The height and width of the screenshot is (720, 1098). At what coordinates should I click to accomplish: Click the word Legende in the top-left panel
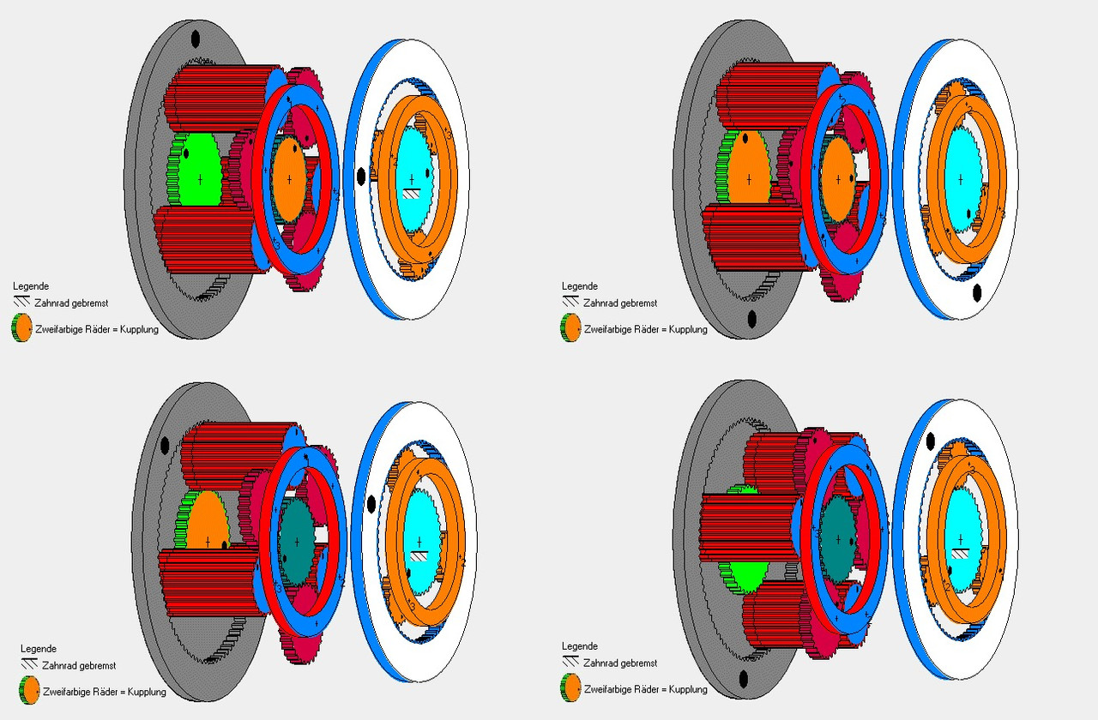(x=31, y=286)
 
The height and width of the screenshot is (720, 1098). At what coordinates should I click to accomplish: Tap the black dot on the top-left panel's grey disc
(x=195, y=39)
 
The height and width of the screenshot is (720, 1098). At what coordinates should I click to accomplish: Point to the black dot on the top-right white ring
(x=976, y=292)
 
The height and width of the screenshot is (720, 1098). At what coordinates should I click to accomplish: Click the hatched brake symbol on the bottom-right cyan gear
(x=960, y=554)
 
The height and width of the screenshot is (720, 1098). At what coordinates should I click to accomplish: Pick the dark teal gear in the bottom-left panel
(x=297, y=542)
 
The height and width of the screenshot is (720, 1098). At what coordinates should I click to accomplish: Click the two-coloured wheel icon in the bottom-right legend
(x=570, y=687)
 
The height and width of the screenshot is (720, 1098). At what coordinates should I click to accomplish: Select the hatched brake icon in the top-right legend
(x=570, y=302)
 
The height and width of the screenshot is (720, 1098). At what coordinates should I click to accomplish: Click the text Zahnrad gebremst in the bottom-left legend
(x=79, y=666)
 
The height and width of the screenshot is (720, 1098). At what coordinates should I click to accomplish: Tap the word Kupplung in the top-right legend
(x=688, y=330)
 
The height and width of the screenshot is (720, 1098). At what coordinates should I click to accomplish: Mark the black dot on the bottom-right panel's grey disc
(x=744, y=679)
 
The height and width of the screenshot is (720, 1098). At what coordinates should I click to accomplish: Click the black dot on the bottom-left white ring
(x=371, y=503)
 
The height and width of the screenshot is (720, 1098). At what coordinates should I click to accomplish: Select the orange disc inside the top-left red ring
(x=289, y=180)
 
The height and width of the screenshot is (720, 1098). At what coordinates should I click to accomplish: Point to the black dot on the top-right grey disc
(x=752, y=320)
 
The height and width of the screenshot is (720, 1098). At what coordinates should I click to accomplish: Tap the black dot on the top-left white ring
(x=361, y=176)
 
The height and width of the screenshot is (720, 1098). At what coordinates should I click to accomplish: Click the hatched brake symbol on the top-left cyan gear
(x=411, y=194)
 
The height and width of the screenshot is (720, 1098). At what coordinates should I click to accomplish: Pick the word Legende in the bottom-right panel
(x=580, y=646)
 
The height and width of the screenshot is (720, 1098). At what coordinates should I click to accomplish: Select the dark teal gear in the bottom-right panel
(x=837, y=539)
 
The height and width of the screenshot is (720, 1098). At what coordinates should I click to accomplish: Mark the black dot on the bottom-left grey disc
(x=165, y=446)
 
